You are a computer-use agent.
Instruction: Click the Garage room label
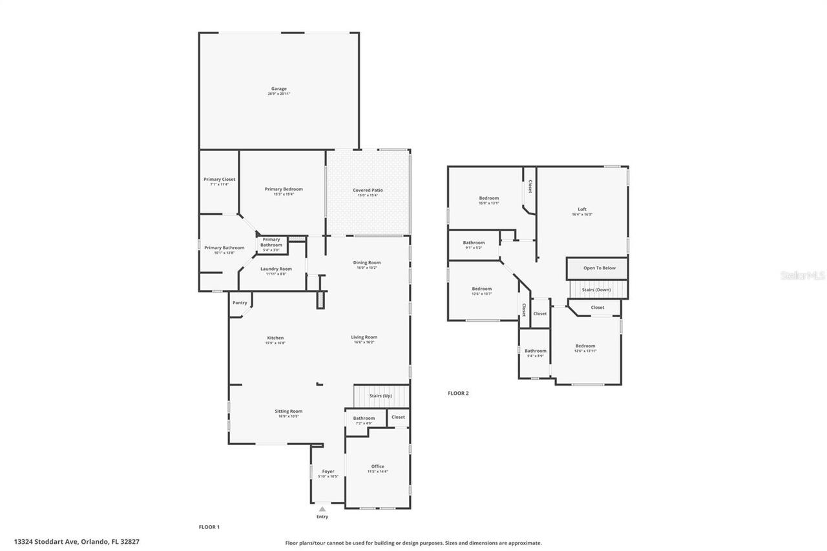(278, 88)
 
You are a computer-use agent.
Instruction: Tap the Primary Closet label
(220, 179)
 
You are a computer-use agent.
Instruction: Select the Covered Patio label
(368, 190)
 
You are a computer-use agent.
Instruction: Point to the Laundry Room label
(276, 269)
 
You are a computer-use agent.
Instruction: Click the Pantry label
(240, 302)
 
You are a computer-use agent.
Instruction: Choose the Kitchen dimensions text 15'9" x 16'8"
(275, 343)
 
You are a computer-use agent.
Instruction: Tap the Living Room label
(364, 337)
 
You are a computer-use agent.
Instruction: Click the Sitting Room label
(288, 411)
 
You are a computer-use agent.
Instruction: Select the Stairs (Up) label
(381, 395)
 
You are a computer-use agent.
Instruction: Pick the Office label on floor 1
(377, 466)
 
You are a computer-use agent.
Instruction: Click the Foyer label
(328, 472)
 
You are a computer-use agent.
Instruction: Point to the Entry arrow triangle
(322, 509)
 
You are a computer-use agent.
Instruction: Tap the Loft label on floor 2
(582, 209)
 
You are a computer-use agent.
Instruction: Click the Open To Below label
(600, 268)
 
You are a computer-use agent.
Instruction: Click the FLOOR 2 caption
(458, 393)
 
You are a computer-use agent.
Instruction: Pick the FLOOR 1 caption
(209, 527)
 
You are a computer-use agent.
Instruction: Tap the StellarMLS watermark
(802, 275)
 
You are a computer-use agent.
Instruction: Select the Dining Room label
(366, 262)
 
